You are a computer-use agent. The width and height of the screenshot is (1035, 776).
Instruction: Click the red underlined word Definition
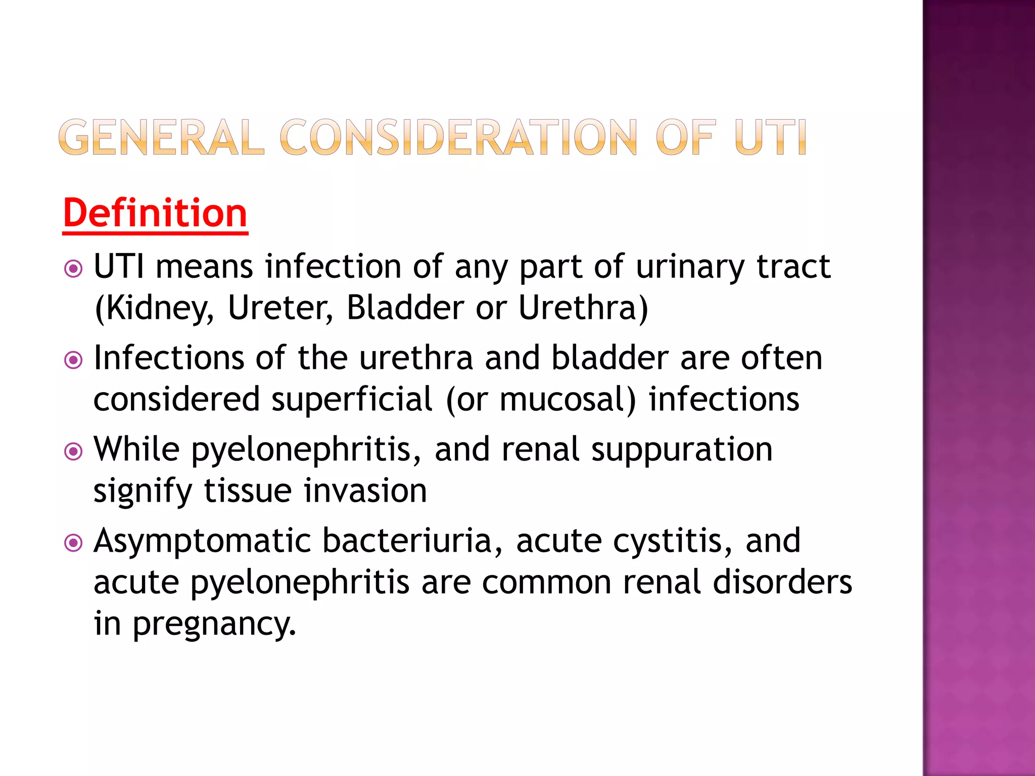pos(155,214)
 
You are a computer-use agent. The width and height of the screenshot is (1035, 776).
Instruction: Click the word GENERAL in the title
pos(161,137)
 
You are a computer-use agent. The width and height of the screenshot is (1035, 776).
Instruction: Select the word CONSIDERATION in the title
pos(458,137)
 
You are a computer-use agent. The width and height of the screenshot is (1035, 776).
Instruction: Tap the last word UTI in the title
pos(770,137)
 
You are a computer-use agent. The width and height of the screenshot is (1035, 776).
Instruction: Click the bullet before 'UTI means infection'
pos(74,268)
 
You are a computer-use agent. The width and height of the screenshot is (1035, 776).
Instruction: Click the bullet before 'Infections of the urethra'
pos(74,360)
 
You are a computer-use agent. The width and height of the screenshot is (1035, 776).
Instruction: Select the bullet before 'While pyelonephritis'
pos(74,451)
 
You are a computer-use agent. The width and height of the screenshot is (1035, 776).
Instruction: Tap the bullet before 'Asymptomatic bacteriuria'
pos(74,543)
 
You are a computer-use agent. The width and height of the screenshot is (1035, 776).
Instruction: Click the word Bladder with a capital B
pos(405,308)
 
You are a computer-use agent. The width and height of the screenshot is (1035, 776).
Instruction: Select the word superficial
pos(352,400)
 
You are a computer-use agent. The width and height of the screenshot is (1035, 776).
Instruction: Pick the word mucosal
pos(567,400)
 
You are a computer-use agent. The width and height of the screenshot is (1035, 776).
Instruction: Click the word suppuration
pos(682,450)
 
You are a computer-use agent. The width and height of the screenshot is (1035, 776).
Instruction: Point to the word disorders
pos(782,583)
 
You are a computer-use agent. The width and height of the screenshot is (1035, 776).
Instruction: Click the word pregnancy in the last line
pos(213,624)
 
